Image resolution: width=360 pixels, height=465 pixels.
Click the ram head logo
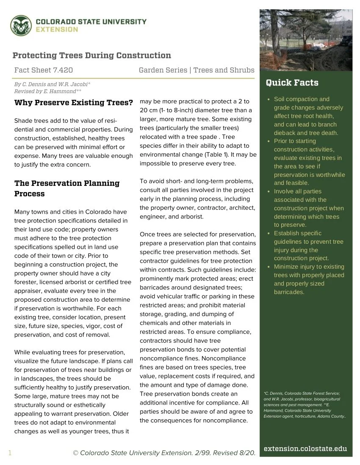click(x=21, y=26)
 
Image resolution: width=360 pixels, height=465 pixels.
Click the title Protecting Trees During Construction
click(x=92, y=55)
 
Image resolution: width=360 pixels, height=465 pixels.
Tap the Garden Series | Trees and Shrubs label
click(x=197, y=70)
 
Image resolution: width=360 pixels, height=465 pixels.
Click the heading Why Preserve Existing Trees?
click(x=74, y=103)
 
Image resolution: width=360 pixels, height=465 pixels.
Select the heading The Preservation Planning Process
click(x=67, y=188)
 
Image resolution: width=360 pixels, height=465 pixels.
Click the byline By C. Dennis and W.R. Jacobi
click(x=52, y=84)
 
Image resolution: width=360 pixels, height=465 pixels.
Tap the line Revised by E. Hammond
click(x=47, y=91)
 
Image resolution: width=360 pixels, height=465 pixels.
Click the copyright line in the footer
click(x=164, y=453)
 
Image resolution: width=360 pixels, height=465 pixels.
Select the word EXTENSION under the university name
click(x=57, y=30)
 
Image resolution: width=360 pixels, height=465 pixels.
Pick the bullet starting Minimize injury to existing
click(x=308, y=279)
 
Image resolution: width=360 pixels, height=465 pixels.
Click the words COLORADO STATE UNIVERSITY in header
click(x=91, y=22)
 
